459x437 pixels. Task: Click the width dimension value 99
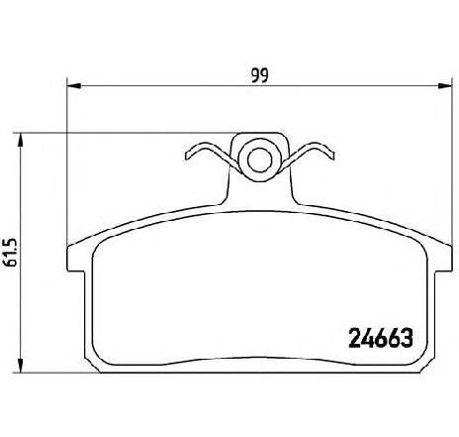point(260,75)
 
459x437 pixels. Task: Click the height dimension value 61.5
point(10,253)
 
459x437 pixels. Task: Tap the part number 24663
point(381,338)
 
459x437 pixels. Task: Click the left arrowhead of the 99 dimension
point(74,86)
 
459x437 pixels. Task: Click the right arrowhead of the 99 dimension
point(444,86)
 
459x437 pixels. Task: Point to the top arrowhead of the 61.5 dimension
point(21,140)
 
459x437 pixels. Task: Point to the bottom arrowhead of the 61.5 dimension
point(21,366)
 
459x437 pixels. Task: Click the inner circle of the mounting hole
point(260,161)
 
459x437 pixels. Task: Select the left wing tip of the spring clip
point(187,156)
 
